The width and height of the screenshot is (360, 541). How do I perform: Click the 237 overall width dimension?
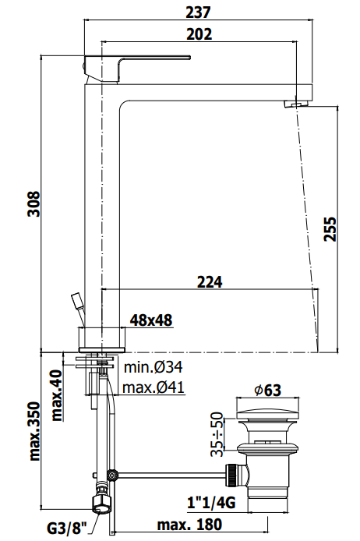[198, 12]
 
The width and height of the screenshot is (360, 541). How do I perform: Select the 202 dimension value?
[199, 34]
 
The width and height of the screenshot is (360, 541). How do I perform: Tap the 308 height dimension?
[34, 204]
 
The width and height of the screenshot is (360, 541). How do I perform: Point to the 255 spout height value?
[330, 228]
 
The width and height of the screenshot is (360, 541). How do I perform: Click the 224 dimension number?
[210, 282]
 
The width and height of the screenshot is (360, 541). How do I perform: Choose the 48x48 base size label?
[150, 320]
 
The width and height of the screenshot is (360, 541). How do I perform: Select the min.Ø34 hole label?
[153, 367]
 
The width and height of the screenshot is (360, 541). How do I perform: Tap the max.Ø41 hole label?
[154, 387]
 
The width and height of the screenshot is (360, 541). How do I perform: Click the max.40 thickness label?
[57, 395]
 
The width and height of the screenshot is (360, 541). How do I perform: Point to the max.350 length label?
[34, 431]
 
